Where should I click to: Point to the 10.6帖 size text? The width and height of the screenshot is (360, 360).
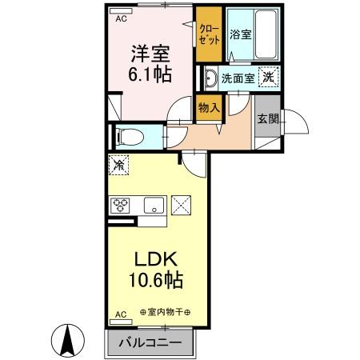(155, 281)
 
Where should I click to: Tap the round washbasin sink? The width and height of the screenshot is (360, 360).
(210, 78)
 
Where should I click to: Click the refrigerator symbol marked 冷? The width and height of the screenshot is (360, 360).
(118, 166)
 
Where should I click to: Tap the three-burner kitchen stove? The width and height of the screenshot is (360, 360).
(122, 205)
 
